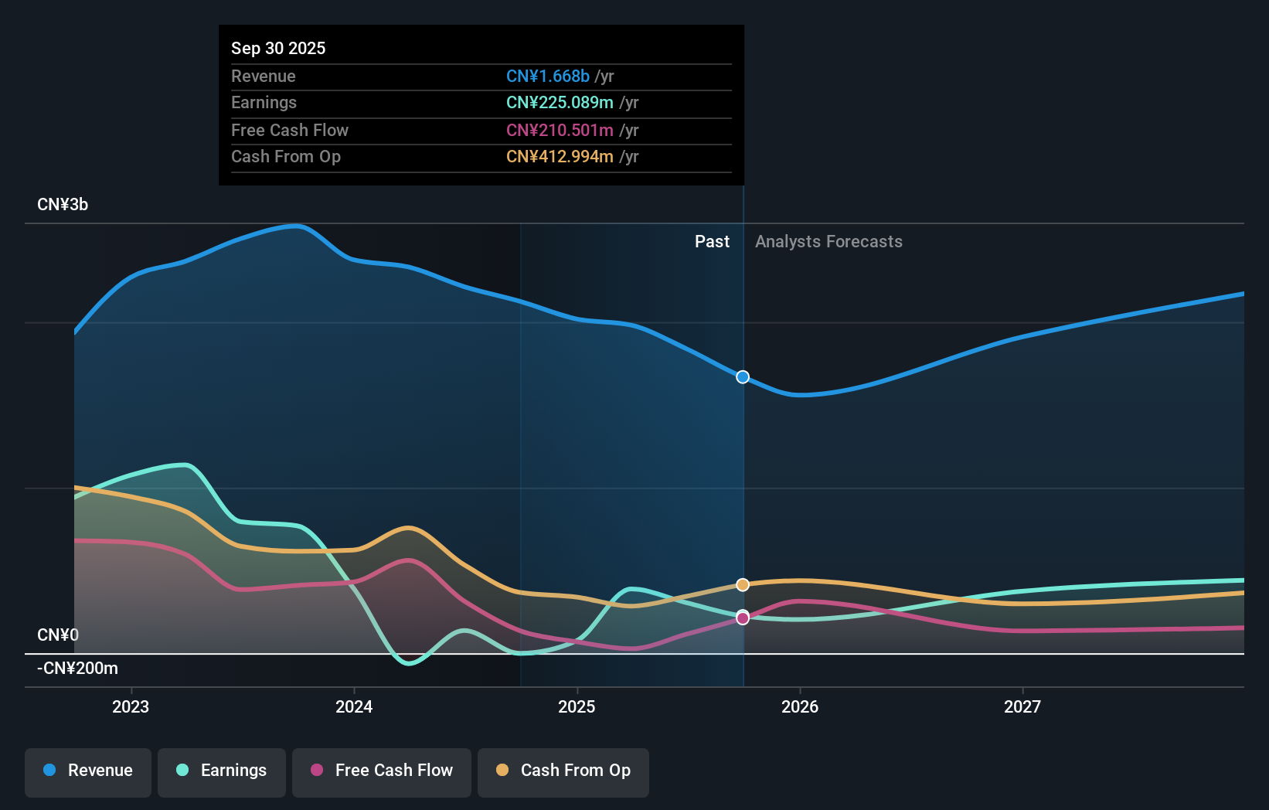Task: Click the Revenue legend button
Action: coord(88,771)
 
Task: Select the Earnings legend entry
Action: coord(222,771)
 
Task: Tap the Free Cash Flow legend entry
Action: coord(382,771)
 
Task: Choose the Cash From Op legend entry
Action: coord(563,771)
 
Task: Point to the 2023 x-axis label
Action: coord(131,706)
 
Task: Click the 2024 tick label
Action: coord(354,706)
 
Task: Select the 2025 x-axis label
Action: coord(577,706)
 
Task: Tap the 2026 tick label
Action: coord(800,706)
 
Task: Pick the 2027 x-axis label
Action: coord(1022,706)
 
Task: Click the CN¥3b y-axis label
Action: coord(63,205)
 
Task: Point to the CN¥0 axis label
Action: coord(58,635)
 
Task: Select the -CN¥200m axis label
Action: coord(77,669)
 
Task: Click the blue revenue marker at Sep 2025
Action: coord(743,377)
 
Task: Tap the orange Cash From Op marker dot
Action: coord(743,585)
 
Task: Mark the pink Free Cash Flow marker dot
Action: coord(743,618)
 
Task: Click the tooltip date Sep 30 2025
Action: coord(278,48)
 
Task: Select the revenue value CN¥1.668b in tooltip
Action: coord(548,77)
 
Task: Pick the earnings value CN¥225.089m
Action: coord(560,103)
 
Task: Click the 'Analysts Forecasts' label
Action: coord(828,242)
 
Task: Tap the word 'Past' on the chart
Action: coord(712,242)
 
